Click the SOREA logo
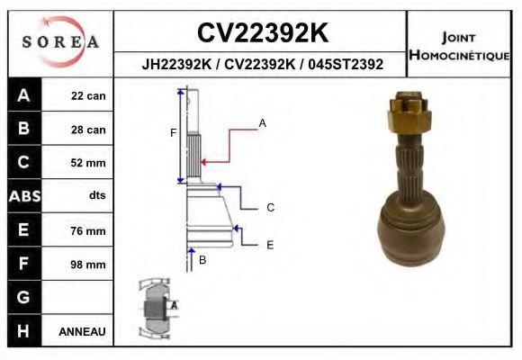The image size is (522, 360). click(x=60, y=42)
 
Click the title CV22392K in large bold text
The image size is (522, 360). click(x=262, y=33)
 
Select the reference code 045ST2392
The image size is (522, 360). click(x=346, y=65)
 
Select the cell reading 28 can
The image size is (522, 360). click(x=89, y=130)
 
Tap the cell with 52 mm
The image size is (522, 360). click(x=89, y=163)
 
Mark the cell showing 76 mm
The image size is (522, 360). click(x=89, y=230)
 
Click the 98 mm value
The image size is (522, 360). click(x=89, y=265)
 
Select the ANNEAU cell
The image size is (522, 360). click(x=82, y=331)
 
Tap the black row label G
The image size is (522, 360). click(x=23, y=297)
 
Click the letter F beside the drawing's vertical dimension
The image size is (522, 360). click(x=173, y=133)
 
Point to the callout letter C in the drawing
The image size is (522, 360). click(x=270, y=208)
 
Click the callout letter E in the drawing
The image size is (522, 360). click(x=270, y=244)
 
